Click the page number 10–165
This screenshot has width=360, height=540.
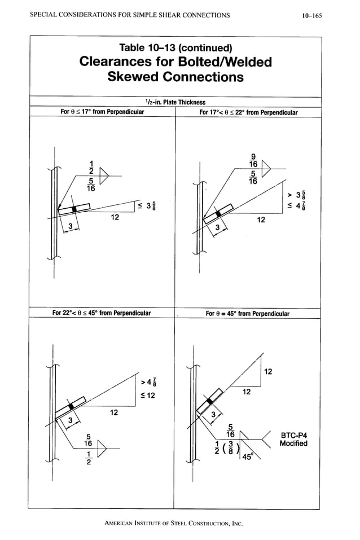click(311, 15)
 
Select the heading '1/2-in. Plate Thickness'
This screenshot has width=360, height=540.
click(175, 102)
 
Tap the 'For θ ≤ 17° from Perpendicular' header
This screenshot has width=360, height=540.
click(102, 112)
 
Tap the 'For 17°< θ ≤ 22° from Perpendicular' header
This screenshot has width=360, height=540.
click(249, 112)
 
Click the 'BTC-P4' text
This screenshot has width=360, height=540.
click(293, 434)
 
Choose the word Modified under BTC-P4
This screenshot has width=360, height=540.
click(293, 444)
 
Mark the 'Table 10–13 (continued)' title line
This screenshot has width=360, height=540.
click(175, 46)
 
